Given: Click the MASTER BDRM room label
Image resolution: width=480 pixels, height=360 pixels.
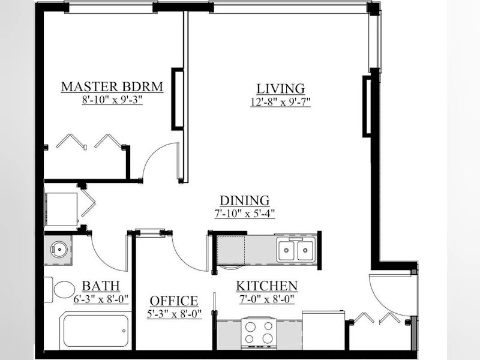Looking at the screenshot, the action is coord(112,87).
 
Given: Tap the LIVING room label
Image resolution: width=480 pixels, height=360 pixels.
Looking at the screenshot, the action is coord(280,89).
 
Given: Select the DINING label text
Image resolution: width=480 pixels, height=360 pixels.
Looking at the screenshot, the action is coord(245,200).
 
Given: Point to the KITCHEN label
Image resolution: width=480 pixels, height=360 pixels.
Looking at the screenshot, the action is coord(266,286).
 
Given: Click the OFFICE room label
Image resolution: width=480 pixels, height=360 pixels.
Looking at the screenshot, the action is coord(174,301).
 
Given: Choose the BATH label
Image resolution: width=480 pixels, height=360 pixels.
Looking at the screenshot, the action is coord(101,286).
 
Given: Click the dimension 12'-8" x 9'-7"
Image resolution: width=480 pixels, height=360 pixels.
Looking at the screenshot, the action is coord(280,101).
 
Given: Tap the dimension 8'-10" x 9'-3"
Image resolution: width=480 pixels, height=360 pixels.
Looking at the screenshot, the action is coord(112,100).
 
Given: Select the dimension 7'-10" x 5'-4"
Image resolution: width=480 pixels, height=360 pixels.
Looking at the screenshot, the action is coord(245,214).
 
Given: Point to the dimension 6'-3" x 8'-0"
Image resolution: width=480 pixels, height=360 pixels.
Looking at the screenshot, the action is coord(101,299).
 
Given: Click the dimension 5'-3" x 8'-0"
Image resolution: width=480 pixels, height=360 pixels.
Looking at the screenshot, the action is coord(174,314).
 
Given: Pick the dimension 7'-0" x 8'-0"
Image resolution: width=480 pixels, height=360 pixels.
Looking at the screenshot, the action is coord(266,299).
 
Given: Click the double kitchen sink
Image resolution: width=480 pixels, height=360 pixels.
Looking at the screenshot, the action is coord(296,250).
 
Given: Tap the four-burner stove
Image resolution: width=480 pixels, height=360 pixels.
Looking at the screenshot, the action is coord(259,334).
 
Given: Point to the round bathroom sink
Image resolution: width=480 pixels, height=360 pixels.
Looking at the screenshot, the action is coord(59,249).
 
